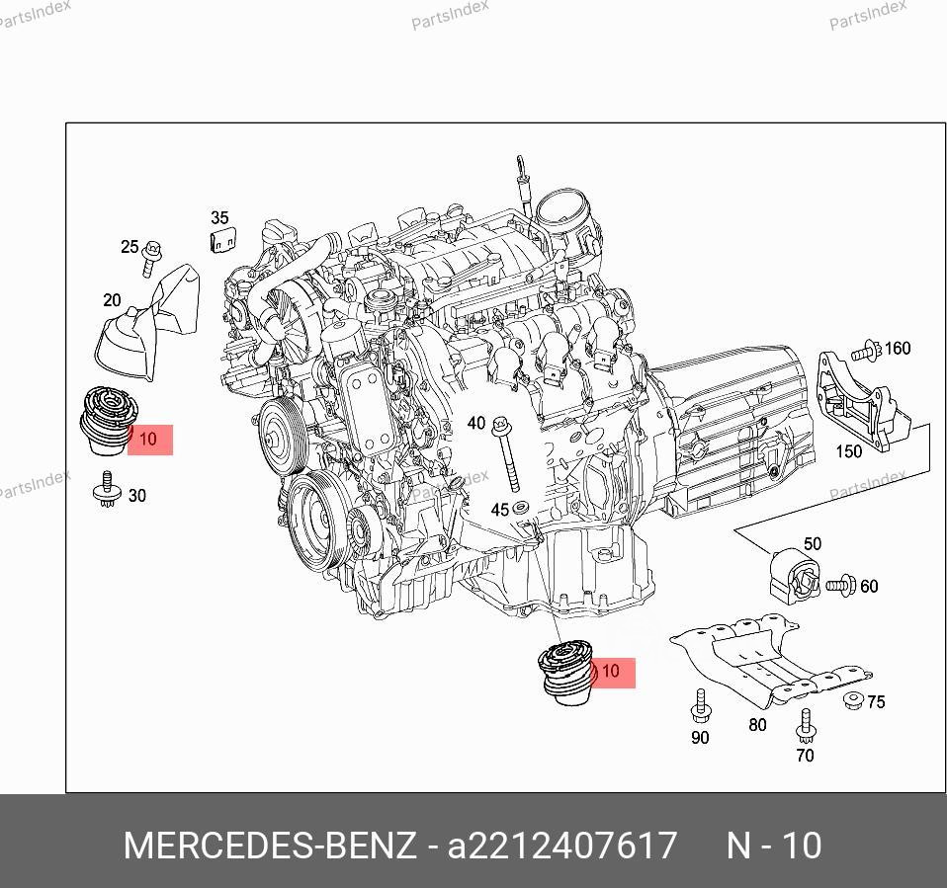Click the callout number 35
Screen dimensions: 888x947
(x=219, y=218)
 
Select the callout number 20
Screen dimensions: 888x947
(x=112, y=300)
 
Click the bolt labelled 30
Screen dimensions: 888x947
(x=107, y=490)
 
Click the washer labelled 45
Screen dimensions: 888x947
(x=523, y=509)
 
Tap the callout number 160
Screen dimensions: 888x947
(x=898, y=348)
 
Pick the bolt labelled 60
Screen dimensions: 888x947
(x=839, y=586)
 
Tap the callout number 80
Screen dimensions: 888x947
(x=757, y=724)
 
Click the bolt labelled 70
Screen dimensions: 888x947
(x=806, y=725)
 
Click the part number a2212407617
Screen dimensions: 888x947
(x=563, y=846)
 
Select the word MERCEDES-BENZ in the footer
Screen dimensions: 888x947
(x=269, y=846)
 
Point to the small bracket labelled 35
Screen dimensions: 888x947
(x=222, y=239)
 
